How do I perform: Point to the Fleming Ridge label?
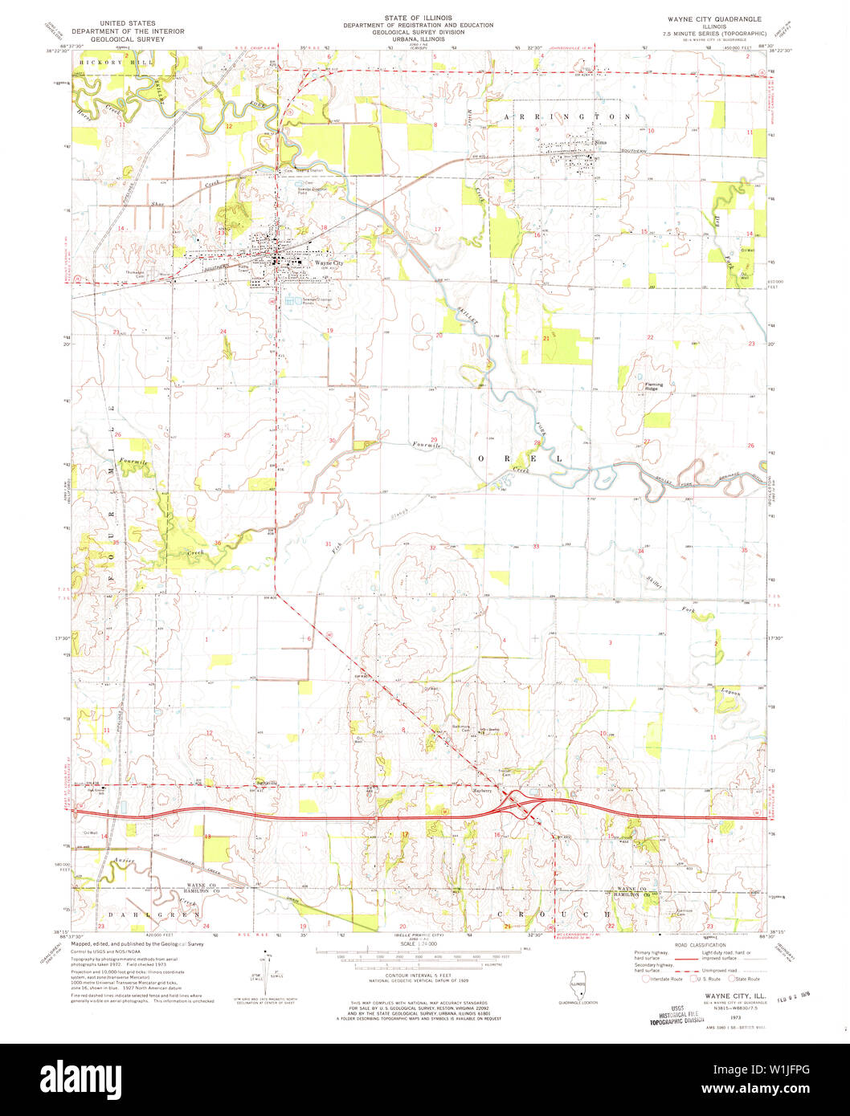[x=654, y=385]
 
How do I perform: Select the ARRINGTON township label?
[x=566, y=116]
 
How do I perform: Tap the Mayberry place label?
[x=480, y=790]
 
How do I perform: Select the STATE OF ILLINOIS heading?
[x=418, y=18]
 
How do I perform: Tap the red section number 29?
[x=434, y=440]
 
